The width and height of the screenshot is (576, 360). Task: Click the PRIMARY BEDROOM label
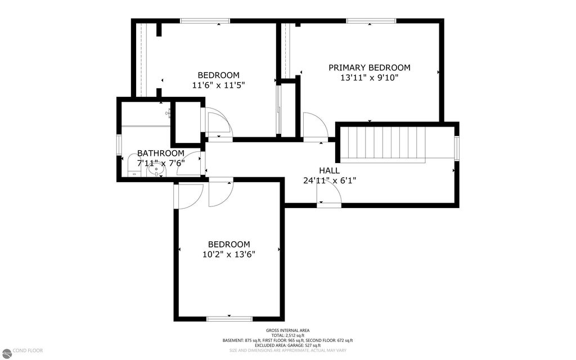pyautogui.click(x=369, y=67)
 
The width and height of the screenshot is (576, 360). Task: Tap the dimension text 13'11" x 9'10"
pyautogui.click(x=369, y=78)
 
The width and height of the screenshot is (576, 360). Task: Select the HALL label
pyautogui.click(x=329, y=170)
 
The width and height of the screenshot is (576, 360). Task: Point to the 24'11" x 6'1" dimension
pyautogui.click(x=329, y=181)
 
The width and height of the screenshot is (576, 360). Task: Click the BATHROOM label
pyautogui.click(x=160, y=153)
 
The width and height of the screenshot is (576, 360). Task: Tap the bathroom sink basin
pyautogui.click(x=153, y=168)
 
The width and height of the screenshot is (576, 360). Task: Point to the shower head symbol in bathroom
pyautogui.click(x=168, y=114)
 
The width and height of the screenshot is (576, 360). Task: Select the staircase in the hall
pyautogui.click(x=385, y=144)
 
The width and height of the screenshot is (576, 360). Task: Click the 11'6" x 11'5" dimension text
pyautogui.click(x=218, y=85)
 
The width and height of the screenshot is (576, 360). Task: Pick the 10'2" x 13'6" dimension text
pyautogui.click(x=228, y=254)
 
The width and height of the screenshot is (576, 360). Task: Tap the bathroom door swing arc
pyautogui.click(x=190, y=164)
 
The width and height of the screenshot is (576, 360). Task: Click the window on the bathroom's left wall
pyautogui.click(x=119, y=144)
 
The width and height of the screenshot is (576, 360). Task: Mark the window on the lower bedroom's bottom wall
pyautogui.click(x=229, y=319)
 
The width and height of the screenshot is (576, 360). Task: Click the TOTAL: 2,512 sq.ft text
pyautogui.click(x=287, y=335)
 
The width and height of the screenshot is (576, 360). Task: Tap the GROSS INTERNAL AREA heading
pyautogui.click(x=287, y=330)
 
